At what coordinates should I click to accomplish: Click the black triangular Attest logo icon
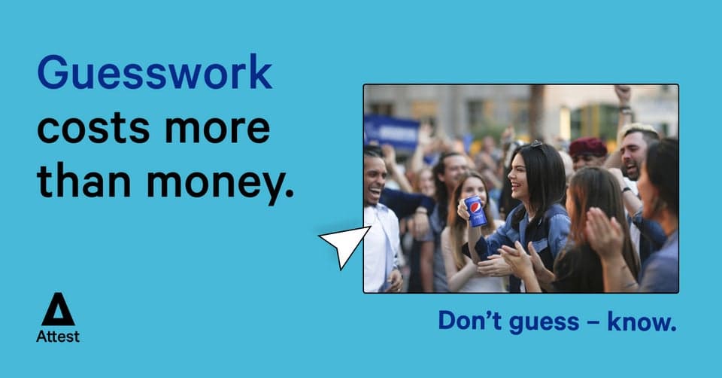(x=58, y=310)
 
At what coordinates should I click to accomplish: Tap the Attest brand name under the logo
(x=58, y=337)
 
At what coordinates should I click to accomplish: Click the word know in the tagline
(x=640, y=322)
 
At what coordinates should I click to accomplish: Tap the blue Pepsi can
(x=475, y=212)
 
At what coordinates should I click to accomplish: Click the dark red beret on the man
(x=588, y=147)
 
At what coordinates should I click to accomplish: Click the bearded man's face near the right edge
(x=633, y=154)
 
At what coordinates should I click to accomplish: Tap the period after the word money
(x=289, y=198)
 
